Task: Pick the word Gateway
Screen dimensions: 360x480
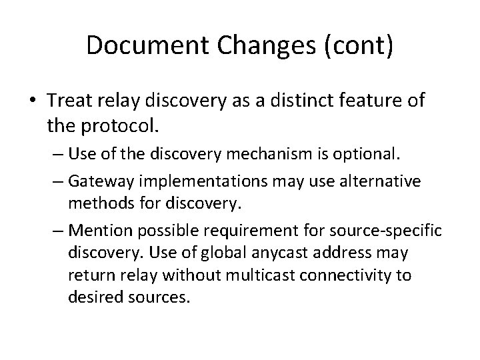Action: click(x=103, y=181)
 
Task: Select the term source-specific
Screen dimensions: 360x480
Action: click(x=387, y=231)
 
